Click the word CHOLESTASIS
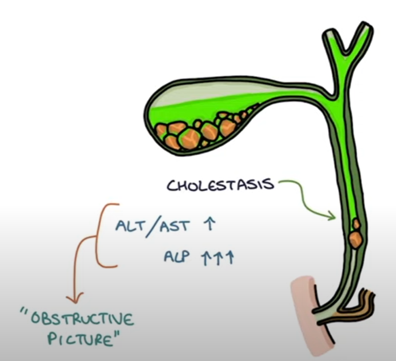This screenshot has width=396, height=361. point(220,184)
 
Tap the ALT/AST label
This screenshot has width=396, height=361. point(152,226)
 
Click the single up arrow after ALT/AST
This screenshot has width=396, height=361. point(208,225)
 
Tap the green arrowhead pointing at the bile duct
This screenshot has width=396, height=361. point(331,217)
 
